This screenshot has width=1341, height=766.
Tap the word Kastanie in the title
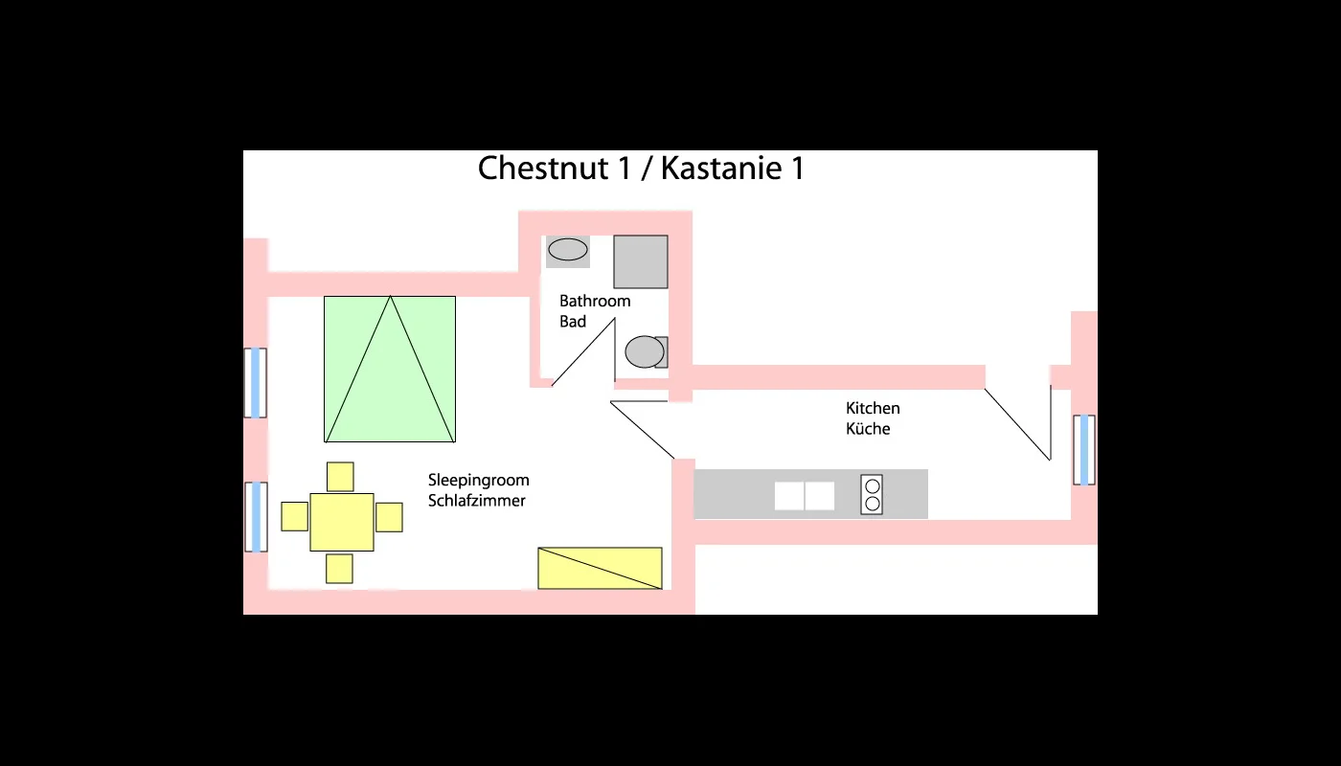click(720, 169)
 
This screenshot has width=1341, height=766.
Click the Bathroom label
click(595, 301)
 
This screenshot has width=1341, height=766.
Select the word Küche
click(868, 429)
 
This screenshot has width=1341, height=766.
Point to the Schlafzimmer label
click(476, 501)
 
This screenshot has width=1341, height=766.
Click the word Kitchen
click(873, 408)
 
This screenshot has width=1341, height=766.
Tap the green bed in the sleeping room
click(390, 369)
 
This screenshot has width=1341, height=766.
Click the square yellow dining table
click(342, 522)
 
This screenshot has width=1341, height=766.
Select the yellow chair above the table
click(340, 476)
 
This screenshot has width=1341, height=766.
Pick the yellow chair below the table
click(339, 568)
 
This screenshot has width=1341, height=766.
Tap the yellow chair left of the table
click(294, 516)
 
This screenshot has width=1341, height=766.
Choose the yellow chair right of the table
click(389, 517)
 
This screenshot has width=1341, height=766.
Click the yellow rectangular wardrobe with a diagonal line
click(600, 568)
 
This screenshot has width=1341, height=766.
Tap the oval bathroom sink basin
click(568, 250)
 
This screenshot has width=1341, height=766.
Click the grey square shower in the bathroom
click(640, 261)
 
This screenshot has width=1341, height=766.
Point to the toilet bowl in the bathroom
click(644, 351)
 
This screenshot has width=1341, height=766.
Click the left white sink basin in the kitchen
click(789, 496)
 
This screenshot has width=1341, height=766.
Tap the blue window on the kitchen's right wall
click(1084, 450)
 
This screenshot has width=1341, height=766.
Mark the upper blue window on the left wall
click(255, 383)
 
